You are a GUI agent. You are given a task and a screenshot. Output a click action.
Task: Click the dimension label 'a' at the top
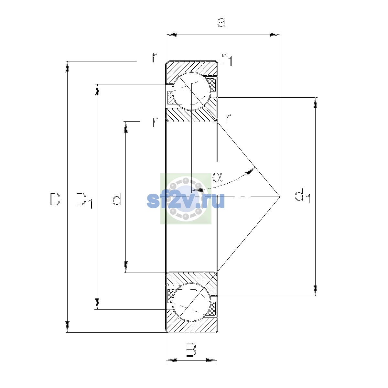point(222,22)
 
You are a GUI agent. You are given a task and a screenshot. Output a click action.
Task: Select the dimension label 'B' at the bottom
point(191,350)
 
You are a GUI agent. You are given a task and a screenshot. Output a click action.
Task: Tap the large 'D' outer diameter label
point(55,199)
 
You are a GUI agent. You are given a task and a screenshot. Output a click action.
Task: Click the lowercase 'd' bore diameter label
point(117,199)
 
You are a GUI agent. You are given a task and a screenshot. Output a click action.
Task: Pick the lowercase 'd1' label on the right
point(302,196)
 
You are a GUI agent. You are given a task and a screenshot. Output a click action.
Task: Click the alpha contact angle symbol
point(218,177)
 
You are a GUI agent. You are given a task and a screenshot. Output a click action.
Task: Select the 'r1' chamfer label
point(227,59)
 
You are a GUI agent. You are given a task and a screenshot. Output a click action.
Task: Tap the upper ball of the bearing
point(191,91)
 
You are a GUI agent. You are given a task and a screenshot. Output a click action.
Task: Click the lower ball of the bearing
point(191,302)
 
